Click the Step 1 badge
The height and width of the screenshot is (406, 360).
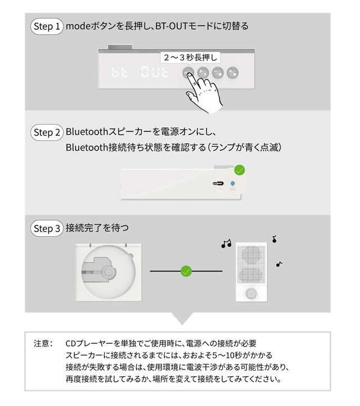tap(47, 26)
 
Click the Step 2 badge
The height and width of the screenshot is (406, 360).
tap(47, 132)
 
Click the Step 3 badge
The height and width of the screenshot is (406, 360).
tap(47, 228)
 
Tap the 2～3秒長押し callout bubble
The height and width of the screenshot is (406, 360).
tap(190, 57)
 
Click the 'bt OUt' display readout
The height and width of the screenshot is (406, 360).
tap(140, 72)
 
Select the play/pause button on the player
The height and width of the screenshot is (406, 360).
tap(203, 73)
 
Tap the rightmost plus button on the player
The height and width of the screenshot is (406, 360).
tap(232, 73)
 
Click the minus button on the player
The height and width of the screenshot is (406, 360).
tap(218, 73)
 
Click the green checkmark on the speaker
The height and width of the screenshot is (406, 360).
tap(240, 170)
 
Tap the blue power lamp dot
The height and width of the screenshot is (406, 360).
tap(232, 183)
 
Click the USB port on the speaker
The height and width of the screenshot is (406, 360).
tap(218, 183)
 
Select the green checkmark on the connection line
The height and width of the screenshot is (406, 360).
tap(186, 271)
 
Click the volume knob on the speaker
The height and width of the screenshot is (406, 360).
tap(251, 294)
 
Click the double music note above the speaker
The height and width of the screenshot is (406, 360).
tap(226, 243)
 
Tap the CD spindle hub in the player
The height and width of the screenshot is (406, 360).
tap(108, 272)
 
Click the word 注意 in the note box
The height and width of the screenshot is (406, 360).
tap(41, 344)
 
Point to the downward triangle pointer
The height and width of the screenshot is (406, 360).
tap(182, 318)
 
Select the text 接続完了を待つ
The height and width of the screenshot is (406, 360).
tap(97, 228)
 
